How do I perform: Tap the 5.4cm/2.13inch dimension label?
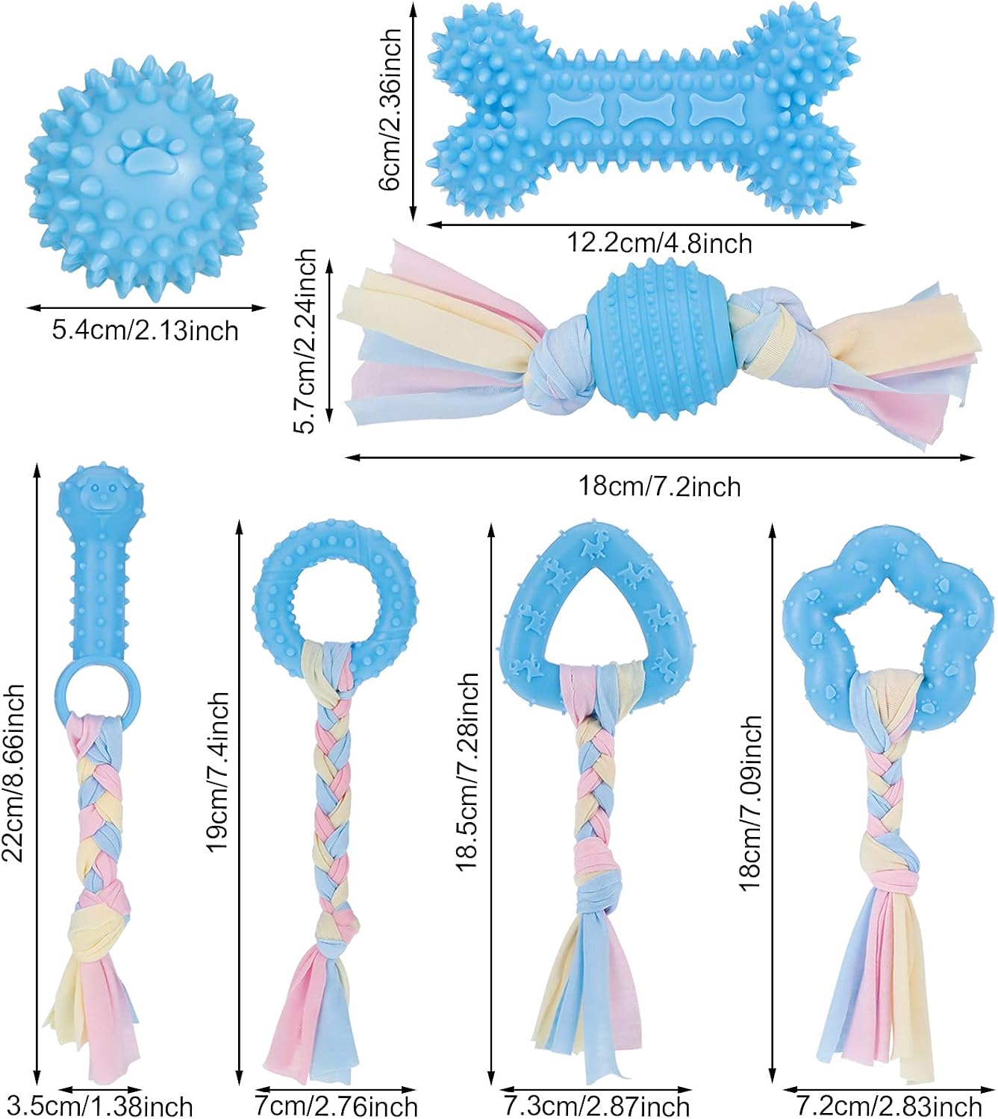pyautogui.click(x=146, y=331)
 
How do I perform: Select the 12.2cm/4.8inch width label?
pyautogui.click(x=660, y=243)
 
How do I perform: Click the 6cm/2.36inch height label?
pyautogui.click(x=391, y=110)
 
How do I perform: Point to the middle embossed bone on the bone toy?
pyautogui.click(x=646, y=108)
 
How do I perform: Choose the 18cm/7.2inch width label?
pyautogui.click(x=659, y=486)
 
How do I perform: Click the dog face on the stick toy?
pyautogui.click(x=100, y=495)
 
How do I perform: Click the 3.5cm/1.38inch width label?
pyautogui.click(x=99, y=1106)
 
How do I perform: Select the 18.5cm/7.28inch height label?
pyautogui.click(x=467, y=772)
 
